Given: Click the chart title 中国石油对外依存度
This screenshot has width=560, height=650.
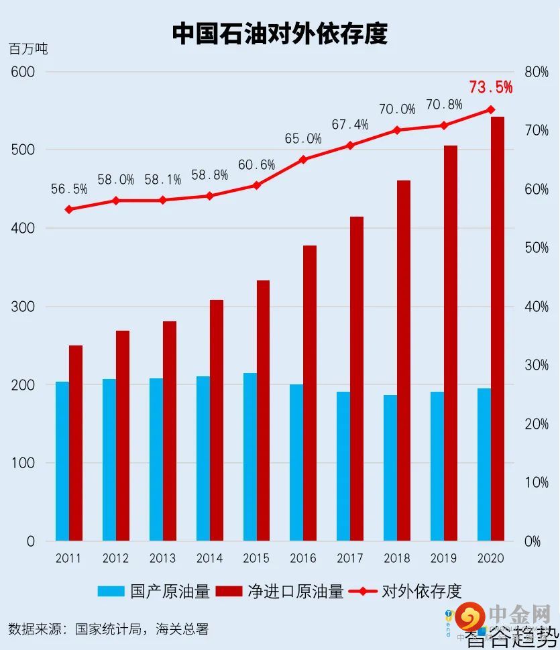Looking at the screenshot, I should (280, 33).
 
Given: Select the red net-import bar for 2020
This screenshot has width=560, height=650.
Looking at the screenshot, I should (498, 329).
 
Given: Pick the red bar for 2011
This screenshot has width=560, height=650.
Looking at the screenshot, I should (76, 443).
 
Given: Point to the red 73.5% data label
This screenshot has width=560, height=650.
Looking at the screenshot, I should (490, 87).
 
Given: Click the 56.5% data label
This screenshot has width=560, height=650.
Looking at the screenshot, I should (69, 189).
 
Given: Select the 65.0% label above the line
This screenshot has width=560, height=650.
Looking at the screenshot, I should (303, 139).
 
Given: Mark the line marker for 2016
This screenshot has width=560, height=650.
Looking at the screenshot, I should (303, 160).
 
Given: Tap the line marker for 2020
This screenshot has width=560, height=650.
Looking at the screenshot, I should (490, 109).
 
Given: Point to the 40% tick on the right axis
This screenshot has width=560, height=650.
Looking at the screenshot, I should (536, 307).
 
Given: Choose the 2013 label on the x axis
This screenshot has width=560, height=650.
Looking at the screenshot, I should (162, 558).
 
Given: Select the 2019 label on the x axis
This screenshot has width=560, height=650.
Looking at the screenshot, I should (443, 558).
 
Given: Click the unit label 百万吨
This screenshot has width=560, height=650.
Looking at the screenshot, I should (28, 49).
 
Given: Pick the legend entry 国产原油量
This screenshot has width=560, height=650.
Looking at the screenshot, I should (154, 591).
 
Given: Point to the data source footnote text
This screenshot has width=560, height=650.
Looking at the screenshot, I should (109, 629).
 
